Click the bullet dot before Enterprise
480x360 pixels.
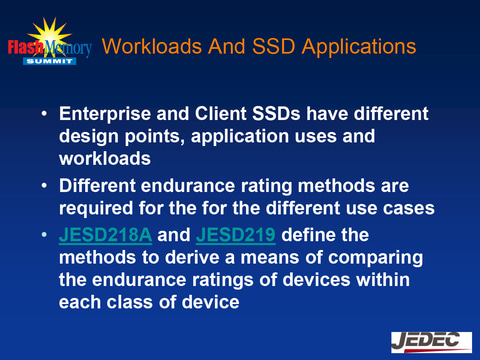43,114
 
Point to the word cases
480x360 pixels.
398,210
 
